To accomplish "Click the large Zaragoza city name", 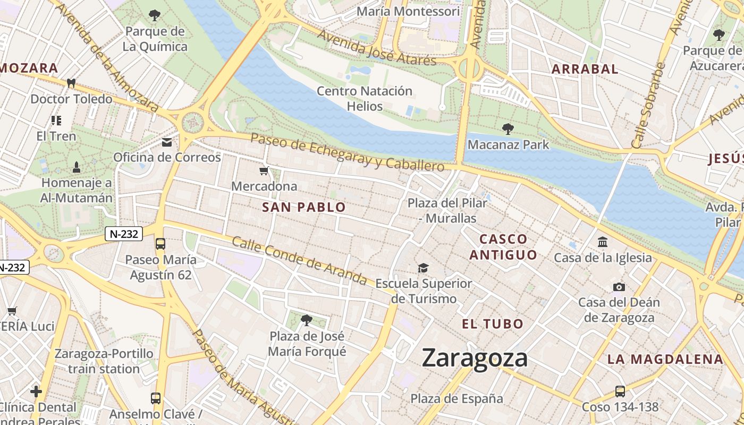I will [475, 359].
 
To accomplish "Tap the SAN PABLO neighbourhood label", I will [304, 207].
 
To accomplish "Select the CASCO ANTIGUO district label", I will [503, 247].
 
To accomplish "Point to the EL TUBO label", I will [493, 324].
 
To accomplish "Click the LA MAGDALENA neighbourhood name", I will [665, 359].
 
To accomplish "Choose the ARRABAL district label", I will [585, 69].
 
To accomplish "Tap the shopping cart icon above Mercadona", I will [264, 171].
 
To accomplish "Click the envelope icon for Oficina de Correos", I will [167, 142].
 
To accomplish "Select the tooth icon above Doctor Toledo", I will [71, 83].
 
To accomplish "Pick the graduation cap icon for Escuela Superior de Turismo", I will [423, 268].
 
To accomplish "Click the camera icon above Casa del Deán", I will [619, 287].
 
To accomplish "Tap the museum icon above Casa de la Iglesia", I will [603, 242].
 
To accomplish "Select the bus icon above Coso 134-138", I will [620, 392].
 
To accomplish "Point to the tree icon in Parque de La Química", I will [155, 15].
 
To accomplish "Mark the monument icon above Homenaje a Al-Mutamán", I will [77, 168].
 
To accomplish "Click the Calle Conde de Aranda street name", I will [299, 260].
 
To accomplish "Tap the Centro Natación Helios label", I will [365, 98].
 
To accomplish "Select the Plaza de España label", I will [456, 398].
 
